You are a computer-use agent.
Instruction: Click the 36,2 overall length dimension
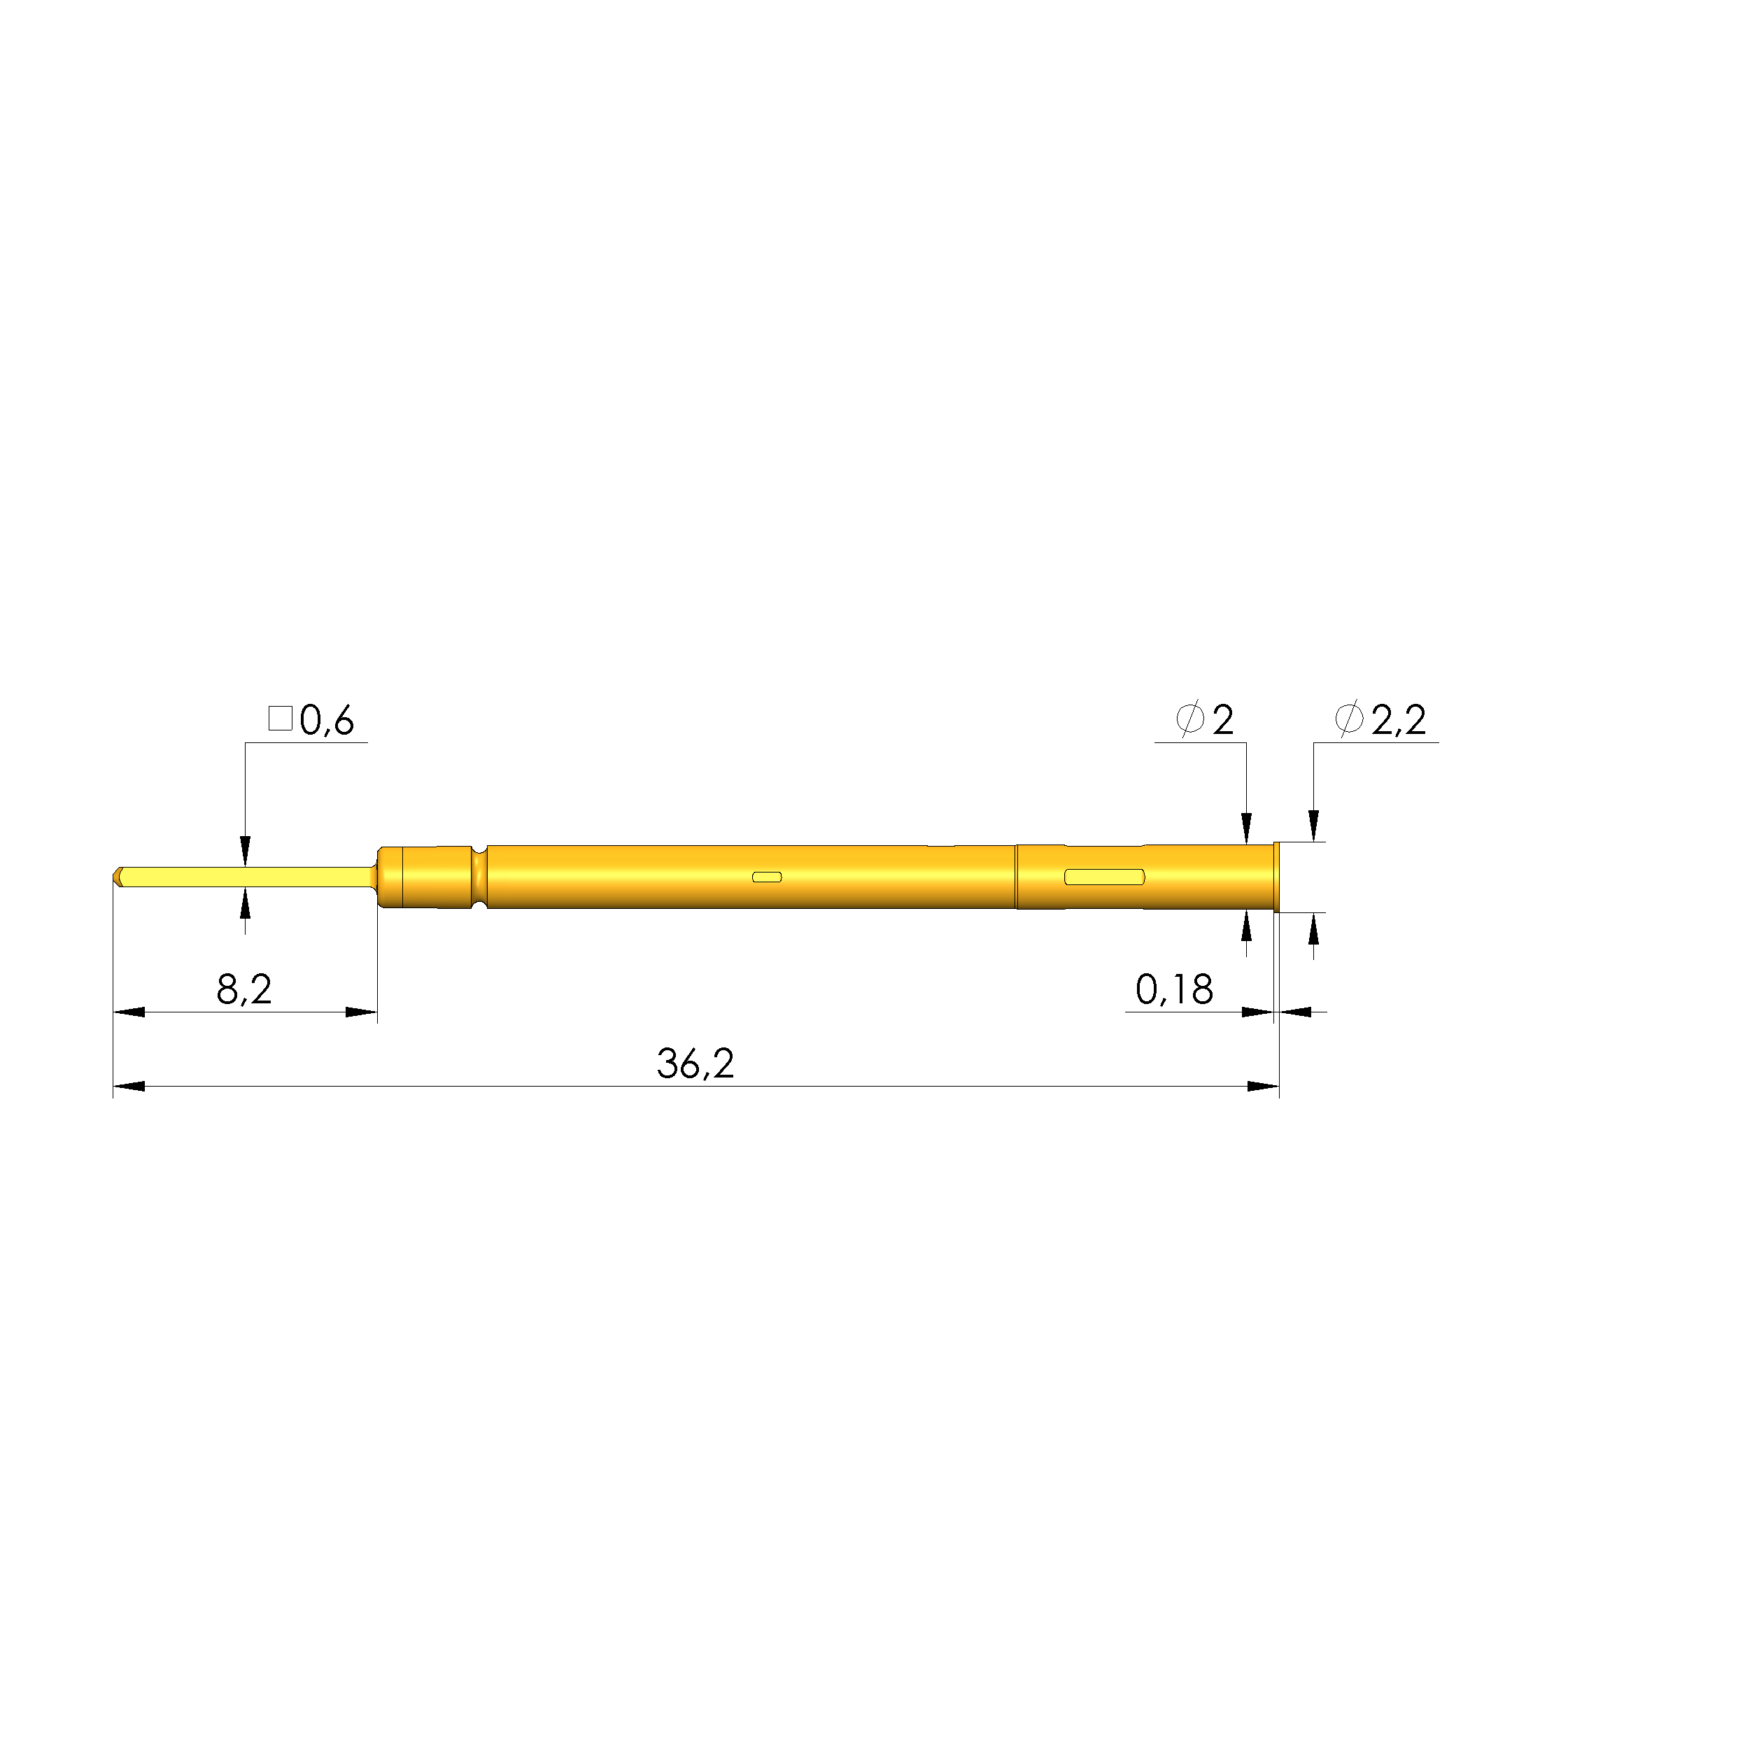tap(695, 1063)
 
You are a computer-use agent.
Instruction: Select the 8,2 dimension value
tap(244, 989)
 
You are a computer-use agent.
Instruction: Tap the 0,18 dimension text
tap(1174, 989)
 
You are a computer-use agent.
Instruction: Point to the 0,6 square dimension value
tap(327, 720)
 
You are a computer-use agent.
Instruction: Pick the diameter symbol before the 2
tap(1189, 719)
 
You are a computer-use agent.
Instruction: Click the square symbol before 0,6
tap(280, 719)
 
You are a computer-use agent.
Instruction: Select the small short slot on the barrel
tap(767, 877)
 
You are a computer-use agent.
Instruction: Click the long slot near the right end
tap(1105, 877)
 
